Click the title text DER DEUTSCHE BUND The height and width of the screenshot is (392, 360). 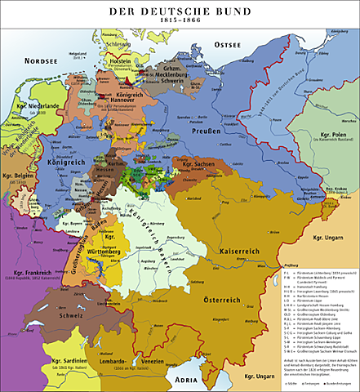[180, 7]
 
